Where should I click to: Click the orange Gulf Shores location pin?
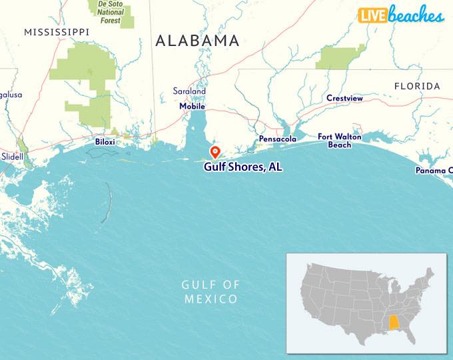[x=215, y=151]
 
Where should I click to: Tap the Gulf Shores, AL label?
[x=242, y=167]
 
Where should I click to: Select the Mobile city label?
[x=192, y=106]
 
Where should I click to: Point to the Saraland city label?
[x=189, y=91]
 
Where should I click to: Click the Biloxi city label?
[x=105, y=142]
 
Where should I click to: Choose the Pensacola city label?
[x=278, y=139]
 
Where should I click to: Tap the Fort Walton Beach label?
[x=339, y=141]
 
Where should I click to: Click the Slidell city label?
[x=12, y=156]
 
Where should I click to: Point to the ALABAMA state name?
[x=197, y=41]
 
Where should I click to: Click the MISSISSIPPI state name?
[x=56, y=31]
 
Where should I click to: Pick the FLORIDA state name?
[x=417, y=86]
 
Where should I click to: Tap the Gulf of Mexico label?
[x=211, y=292]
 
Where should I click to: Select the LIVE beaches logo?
[x=401, y=15]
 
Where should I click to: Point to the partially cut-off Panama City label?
[x=435, y=170]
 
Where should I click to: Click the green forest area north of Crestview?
[x=340, y=57]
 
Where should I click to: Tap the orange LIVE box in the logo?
[x=373, y=15]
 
